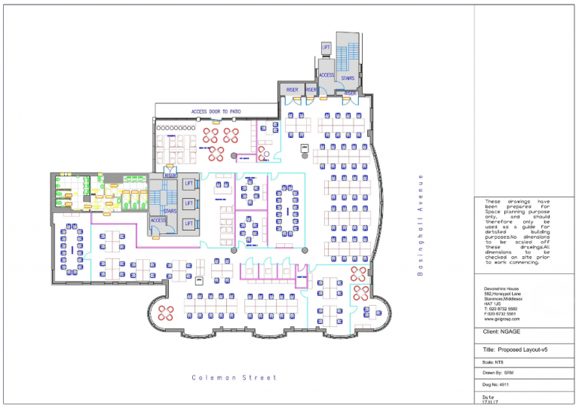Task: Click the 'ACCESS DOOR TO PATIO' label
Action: [216, 111]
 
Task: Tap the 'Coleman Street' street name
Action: [234, 377]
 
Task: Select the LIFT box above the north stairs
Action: [326, 47]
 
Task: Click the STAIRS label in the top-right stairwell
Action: [348, 78]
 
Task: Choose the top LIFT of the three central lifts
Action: [189, 184]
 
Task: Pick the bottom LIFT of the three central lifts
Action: [189, 224]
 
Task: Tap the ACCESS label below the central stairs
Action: [158, 221]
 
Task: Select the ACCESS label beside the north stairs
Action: [326, 75]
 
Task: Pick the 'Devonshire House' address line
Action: [504, 288]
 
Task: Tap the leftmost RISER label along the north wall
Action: [292, 90]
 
